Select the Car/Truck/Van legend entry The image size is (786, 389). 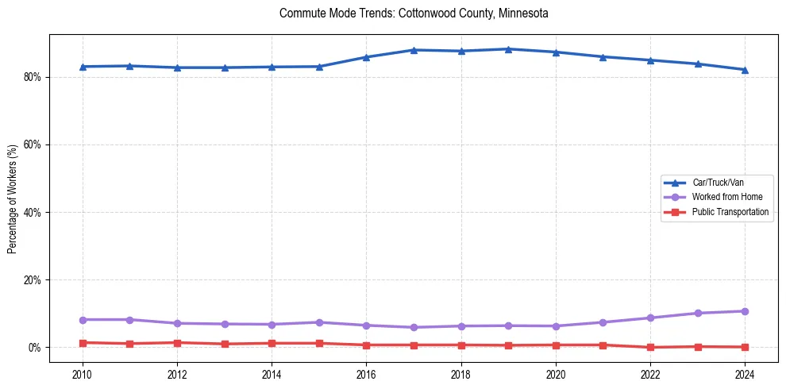(718, 183)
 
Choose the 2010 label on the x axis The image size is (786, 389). (83, 374)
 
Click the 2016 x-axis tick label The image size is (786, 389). (366, 374)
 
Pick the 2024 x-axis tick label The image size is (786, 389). (745, 374)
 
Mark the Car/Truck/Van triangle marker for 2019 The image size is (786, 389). (508, 49)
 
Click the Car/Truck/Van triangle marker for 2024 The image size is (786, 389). (745, 70)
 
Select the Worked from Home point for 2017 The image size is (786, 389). (414, 327)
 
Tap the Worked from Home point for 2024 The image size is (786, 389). (745, 311)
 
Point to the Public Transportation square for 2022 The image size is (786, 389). (650, 347)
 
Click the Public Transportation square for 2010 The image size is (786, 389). (83, 343)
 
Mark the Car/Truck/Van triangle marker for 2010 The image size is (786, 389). (83, 67)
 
